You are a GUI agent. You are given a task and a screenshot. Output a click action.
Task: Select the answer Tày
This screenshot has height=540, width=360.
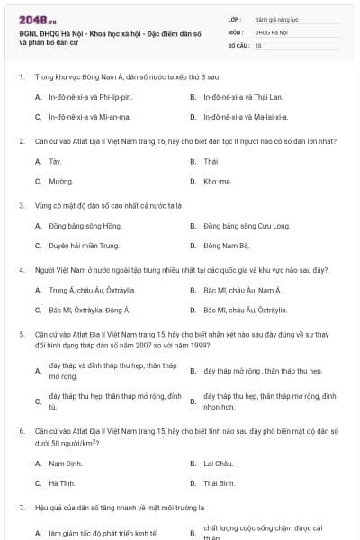(55, 161)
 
